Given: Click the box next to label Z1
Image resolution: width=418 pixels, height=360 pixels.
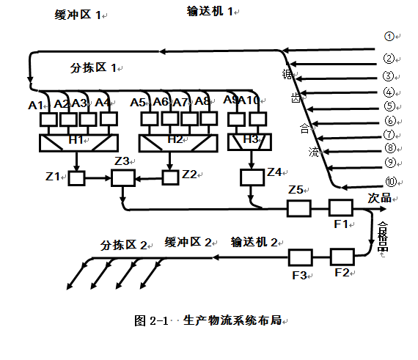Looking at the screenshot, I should (x=77, y=177).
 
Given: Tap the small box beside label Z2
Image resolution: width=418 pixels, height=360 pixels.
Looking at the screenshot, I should (x=170, y=177).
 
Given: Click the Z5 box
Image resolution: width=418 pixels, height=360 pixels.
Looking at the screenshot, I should (x=298, y=208).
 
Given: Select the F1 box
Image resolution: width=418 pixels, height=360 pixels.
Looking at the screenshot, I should (x=341, y=207).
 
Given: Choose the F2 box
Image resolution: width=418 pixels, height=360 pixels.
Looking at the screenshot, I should (x=342, y=257).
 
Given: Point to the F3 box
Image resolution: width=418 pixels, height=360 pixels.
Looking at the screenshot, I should (x=301, y=257).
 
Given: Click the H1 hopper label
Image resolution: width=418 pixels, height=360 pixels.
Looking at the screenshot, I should (x=76, y=139).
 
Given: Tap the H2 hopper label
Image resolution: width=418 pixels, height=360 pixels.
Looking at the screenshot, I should (x=175, y=139).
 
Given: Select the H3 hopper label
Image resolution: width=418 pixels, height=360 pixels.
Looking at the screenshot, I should (x=250, y=138).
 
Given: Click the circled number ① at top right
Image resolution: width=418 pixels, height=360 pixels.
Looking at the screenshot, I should (x=389, y=36).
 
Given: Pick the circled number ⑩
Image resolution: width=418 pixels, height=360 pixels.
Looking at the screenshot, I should (x=390, y=183).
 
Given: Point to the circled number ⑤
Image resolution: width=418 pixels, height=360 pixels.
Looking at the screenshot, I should (x=389, y=106).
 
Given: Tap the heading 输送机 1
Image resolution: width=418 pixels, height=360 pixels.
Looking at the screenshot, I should (x=212, y=11).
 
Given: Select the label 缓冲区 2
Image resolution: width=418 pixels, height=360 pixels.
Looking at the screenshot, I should (x=188, y=241).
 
